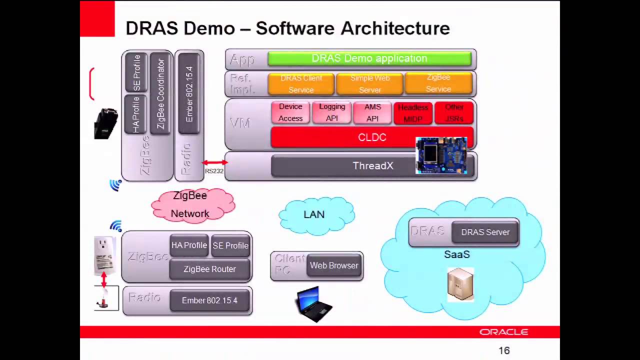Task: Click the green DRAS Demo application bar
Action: [x=369, y=59]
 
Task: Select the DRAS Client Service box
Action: [x=301, y=84]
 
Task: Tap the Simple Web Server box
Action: [x=369, y=84]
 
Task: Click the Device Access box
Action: [x=290, y=112]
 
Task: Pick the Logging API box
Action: [x=332, y=112]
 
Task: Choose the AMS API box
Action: [x=372, y=112]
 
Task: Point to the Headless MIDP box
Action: [x=413, y=113]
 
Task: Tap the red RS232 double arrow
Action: [x=214, y=162]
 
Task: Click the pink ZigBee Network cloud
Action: [x=192, y=205]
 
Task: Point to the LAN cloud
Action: [x=315, y=215]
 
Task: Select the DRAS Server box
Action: [x=485, y=232]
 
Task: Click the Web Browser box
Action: [x=334, y=265]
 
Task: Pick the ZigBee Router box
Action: [x=209, y=269]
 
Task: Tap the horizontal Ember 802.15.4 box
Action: [x=209, y=300]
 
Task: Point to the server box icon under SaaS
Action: [x=460, y=284]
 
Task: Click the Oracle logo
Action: [x=503, y=332]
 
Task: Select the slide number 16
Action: [x=504, y=351]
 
